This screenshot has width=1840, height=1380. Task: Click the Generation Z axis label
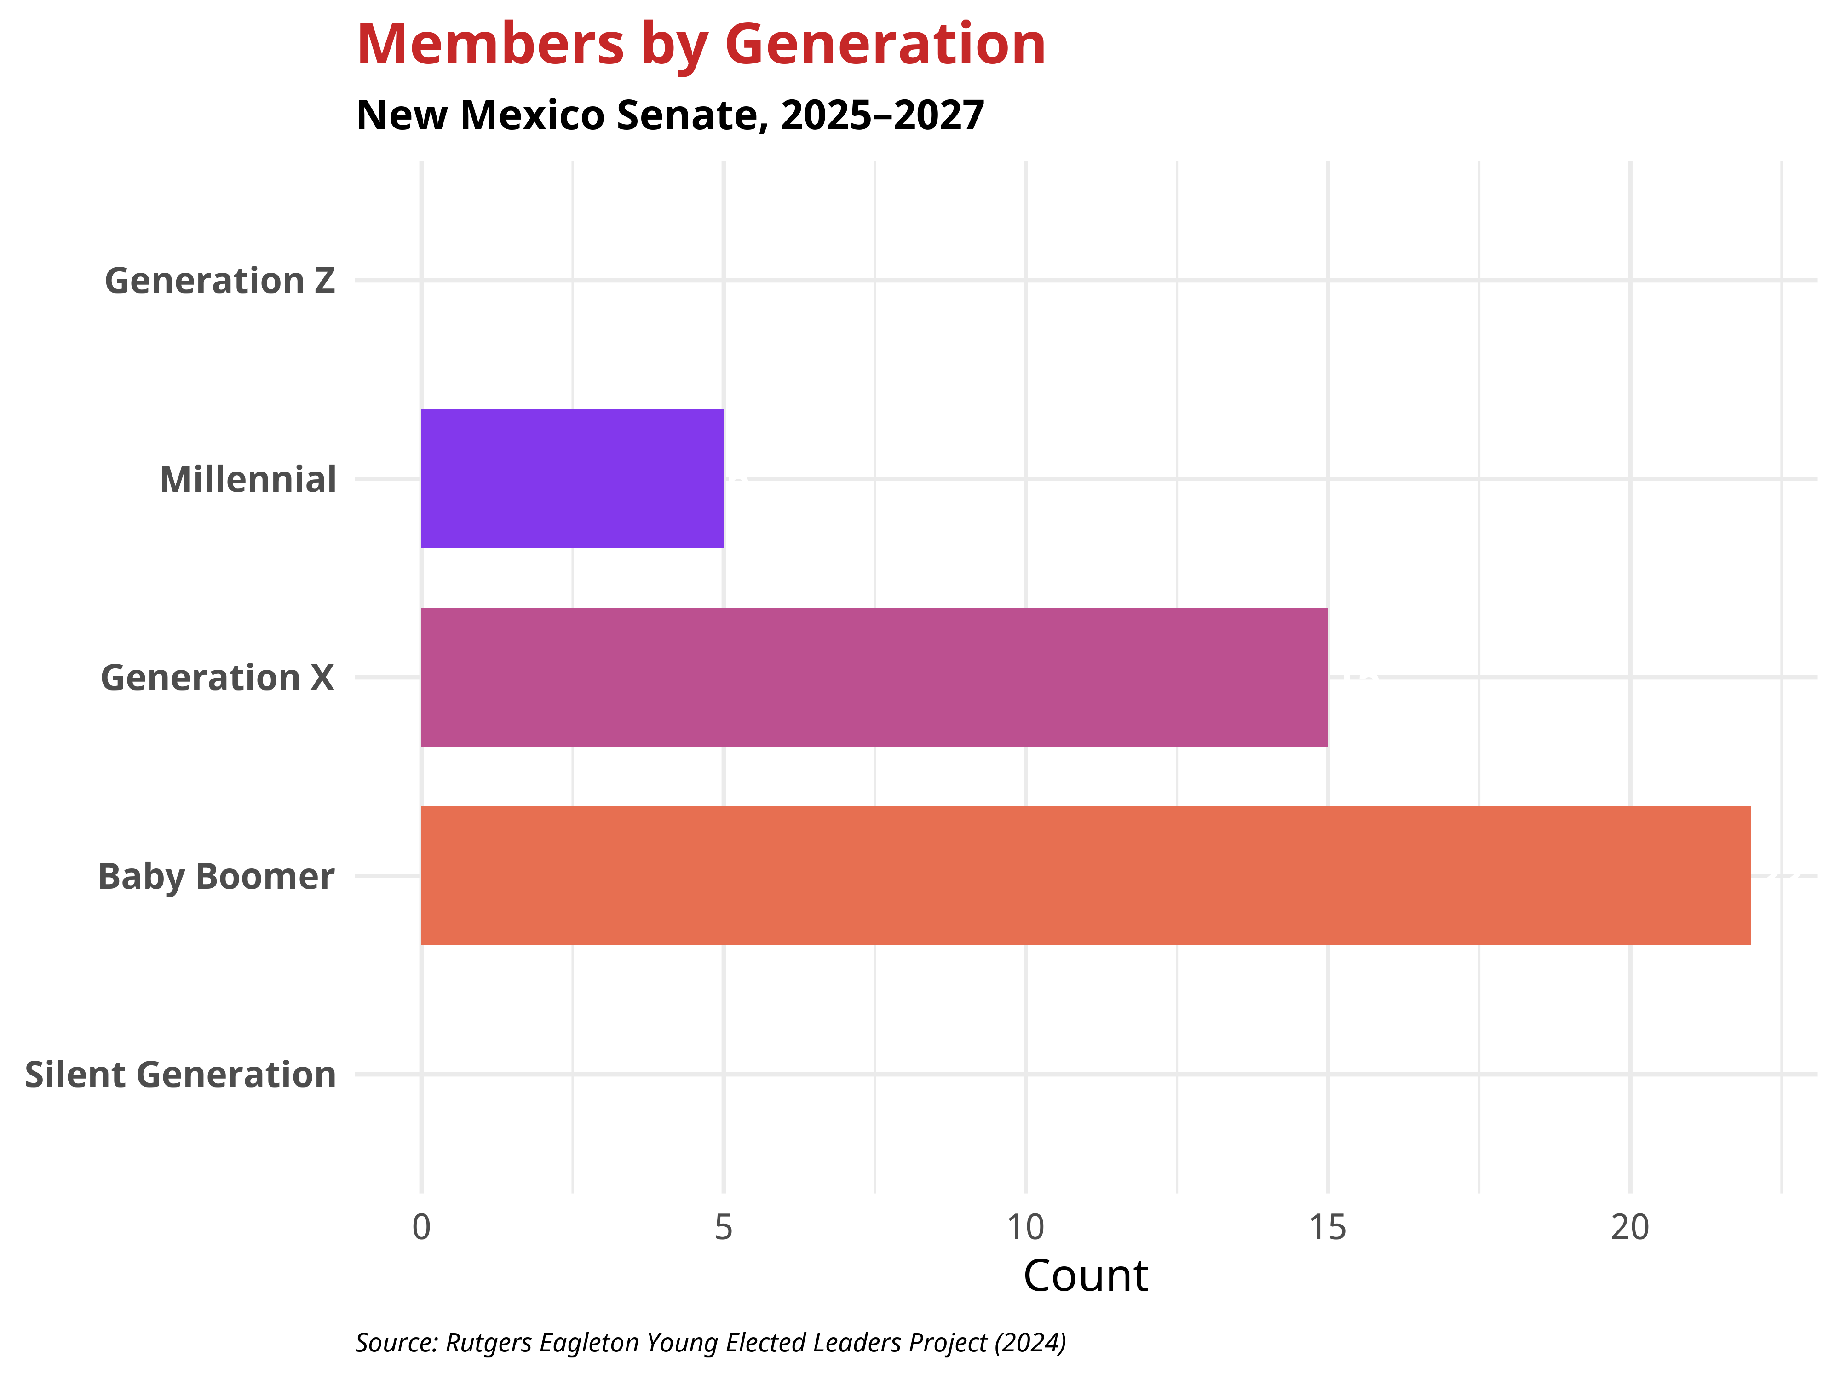[x=219, y=281]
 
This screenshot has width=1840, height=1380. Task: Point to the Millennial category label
[x=248, y=480]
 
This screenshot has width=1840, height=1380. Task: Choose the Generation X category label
[x=217, y=678]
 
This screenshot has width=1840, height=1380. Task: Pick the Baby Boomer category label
[x=216, y=877]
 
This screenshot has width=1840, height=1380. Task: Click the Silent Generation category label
[x=180, y=1075]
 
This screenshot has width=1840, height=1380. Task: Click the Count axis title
[x=1086, y=1276]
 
